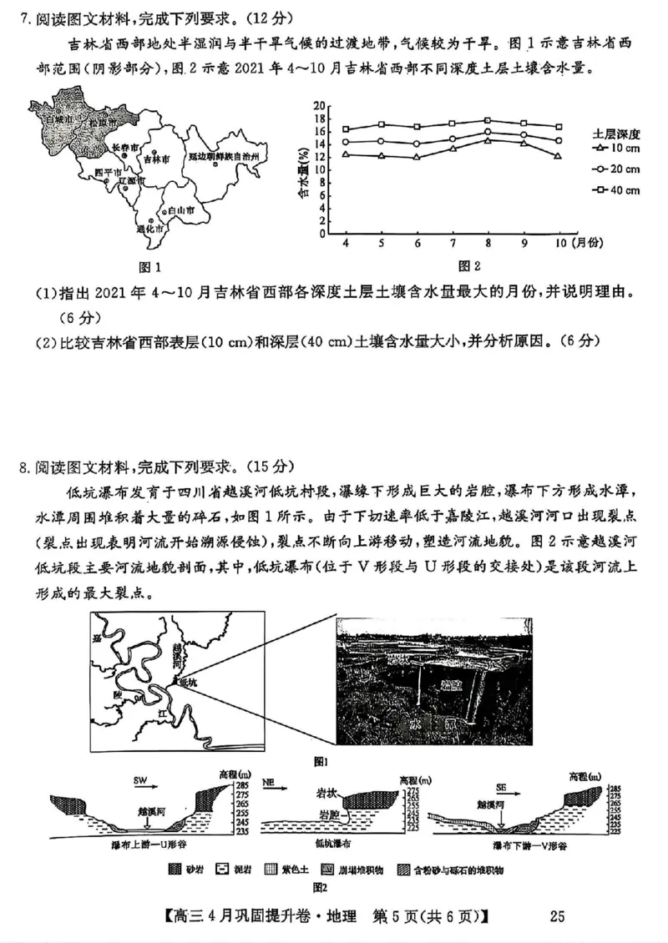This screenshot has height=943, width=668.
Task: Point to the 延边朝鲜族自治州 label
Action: coord(224,156)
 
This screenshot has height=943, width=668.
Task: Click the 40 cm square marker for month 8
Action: coord(488,121)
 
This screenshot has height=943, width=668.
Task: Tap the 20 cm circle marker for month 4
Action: coord(346,142)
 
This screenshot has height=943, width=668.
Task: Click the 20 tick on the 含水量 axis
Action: coord(318,105)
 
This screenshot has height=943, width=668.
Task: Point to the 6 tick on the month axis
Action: coord(417,243)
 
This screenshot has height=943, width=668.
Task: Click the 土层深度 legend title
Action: coord(615,134)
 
